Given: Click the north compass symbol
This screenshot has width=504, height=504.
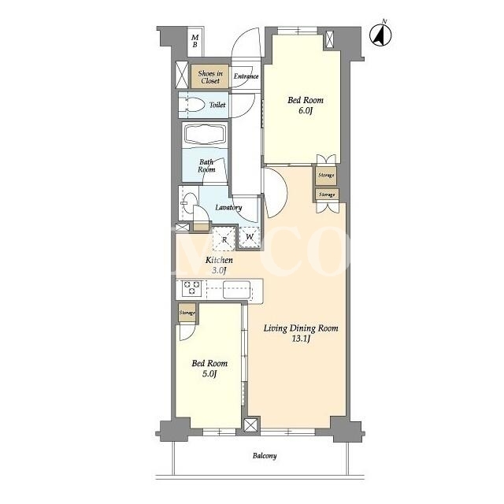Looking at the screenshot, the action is [380, 34].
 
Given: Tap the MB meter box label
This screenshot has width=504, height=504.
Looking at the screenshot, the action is [195, 42].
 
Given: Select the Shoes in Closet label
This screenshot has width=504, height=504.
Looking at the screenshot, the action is [210, 77].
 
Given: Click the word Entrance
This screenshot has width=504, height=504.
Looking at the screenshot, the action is [246, 76].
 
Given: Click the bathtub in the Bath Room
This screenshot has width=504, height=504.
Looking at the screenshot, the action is [206, 135].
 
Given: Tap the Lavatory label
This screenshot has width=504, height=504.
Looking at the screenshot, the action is [228, 207].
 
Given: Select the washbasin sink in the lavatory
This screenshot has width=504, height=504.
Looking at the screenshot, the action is [190, 203].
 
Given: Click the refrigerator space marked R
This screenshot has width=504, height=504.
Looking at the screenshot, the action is [224, 239].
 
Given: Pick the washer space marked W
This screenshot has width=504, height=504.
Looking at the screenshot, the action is [250, 237].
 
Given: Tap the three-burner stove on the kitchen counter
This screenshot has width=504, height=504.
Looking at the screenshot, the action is [191, 288].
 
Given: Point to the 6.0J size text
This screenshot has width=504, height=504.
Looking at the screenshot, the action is [305, 111].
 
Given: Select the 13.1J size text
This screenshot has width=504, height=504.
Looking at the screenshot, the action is [301, 339].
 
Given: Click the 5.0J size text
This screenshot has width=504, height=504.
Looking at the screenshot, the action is [209, 374].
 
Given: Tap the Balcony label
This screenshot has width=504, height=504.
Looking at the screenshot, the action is [265, 456].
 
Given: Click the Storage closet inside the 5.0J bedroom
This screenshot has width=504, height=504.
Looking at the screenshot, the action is [187, 313].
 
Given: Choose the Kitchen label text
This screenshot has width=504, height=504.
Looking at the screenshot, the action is [219, 260].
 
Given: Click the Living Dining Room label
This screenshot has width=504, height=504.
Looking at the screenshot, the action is [301, 328].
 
